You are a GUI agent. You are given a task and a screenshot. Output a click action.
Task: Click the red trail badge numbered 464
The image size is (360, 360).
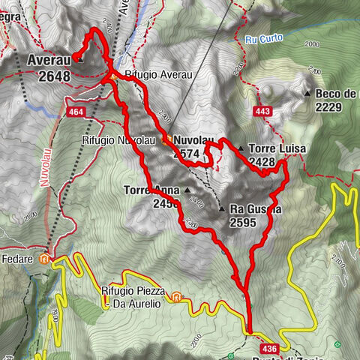76,112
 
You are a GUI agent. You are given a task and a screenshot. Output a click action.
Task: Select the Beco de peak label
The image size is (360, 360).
337,93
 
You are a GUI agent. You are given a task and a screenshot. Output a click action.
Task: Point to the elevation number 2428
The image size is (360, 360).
266,161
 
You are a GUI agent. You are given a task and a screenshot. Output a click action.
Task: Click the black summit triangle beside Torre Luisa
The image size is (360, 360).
240,148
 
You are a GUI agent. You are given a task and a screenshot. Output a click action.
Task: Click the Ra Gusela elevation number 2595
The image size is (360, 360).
244,222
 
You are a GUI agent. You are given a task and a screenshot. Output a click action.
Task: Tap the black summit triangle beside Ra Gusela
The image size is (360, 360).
221,208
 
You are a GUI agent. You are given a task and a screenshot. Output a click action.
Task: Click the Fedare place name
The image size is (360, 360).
19,259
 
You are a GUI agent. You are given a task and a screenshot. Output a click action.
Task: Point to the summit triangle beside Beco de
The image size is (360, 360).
307,93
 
